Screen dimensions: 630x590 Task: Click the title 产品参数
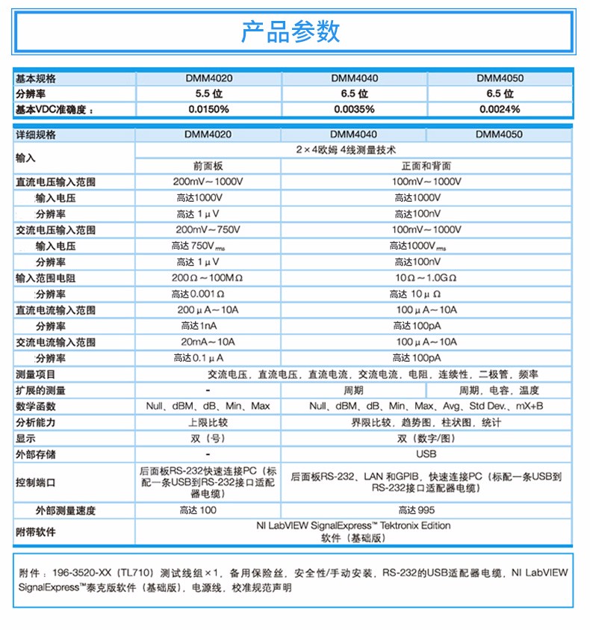291,31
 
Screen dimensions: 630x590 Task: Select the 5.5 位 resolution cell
208,93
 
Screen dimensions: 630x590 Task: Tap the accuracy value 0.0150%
208,109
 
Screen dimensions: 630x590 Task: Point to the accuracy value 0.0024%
500,109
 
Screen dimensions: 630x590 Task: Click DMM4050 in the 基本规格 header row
500,78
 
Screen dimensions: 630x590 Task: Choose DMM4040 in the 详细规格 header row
354,135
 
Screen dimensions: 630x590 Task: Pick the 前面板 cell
208,166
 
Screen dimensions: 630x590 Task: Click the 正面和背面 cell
426,166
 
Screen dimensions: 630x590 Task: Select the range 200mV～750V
208,229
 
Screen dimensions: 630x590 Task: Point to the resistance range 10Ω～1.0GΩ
426,277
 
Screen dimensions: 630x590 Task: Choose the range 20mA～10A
208,342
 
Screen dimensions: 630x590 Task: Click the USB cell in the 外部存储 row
426,454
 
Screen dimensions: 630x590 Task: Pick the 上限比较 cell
208,422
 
